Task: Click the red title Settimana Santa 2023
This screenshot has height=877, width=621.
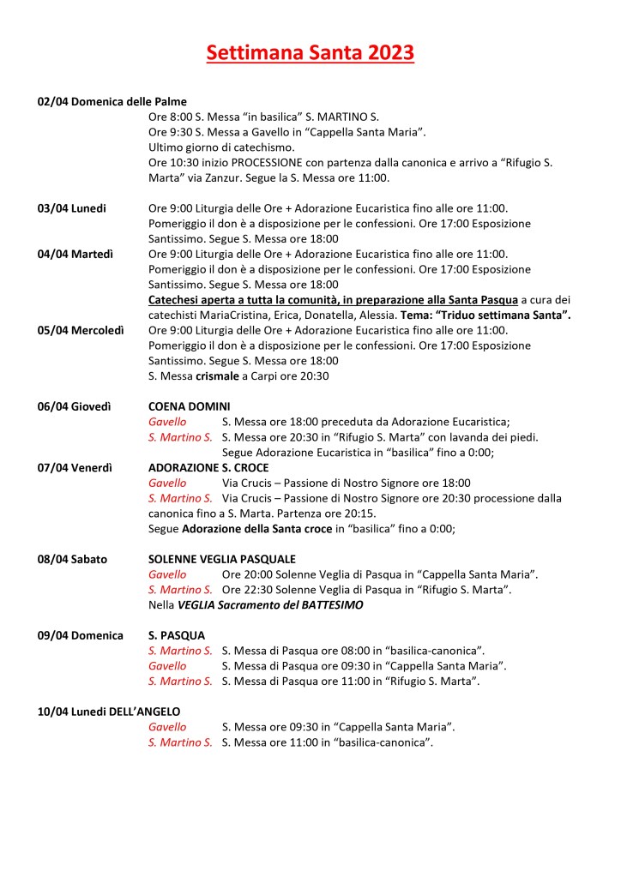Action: click(x=310, y=53)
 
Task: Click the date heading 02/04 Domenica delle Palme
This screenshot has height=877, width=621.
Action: click(x=112, y=101)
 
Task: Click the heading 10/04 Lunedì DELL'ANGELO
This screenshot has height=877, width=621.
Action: click(x=109, y=712)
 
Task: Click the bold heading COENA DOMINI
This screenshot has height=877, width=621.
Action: click(x=189, y=406)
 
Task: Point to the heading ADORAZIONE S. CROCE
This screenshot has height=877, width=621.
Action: click(x=208, y=468)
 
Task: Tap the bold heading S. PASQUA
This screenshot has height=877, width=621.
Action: click(x=177, y=635)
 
